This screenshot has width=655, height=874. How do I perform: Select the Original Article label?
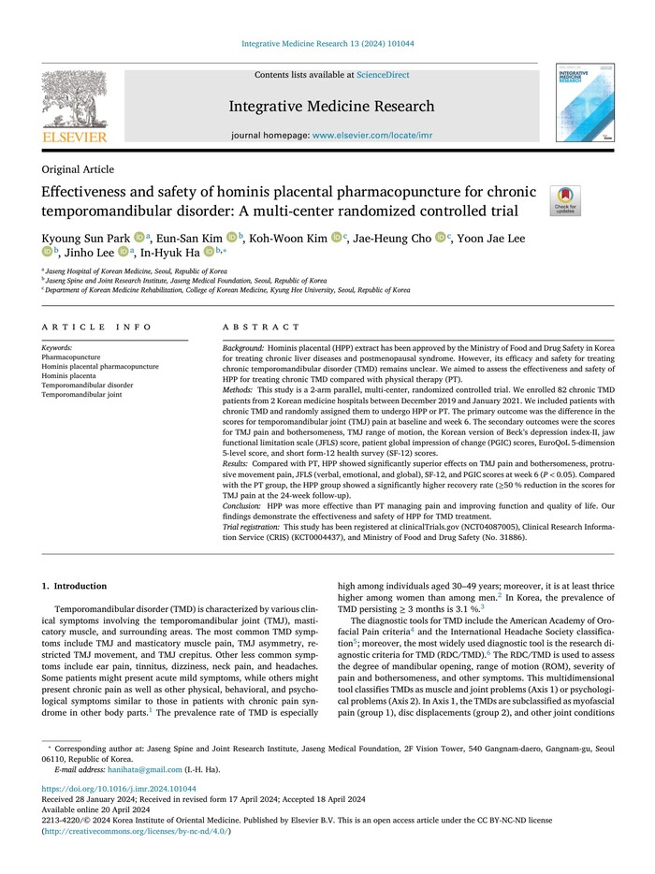[x=79, y=169]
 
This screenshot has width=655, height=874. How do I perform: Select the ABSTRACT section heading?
[x=262, y=328]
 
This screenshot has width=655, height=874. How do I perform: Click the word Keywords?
[x=57, y=347]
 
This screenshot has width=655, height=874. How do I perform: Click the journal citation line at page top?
[x=327, y=43]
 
